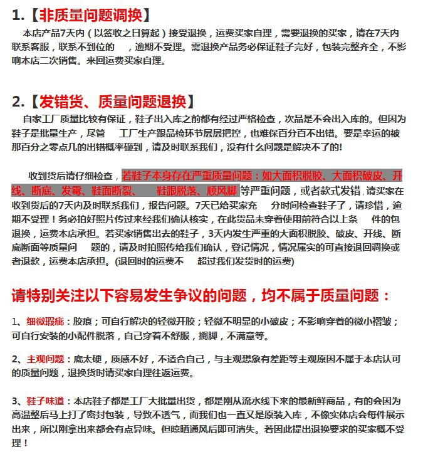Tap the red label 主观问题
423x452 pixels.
click(x=45, y=359)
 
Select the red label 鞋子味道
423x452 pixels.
click(x=45, y=401)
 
